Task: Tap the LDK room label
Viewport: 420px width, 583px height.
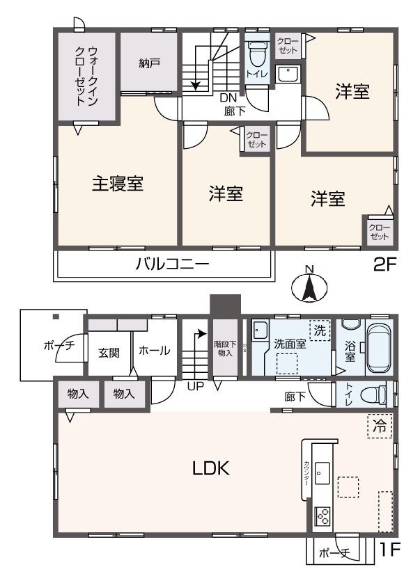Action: [211, 468]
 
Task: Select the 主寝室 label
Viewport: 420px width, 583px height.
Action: [118, 184]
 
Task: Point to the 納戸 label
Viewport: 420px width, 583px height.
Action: [149, 63]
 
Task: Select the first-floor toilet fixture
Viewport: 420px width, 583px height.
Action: [377, 394]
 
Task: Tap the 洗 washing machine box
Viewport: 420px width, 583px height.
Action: [320, 330]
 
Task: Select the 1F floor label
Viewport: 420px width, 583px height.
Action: [389, 551]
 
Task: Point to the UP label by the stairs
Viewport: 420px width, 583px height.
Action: [195, 385]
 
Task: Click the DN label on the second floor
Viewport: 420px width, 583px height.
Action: [228, 97]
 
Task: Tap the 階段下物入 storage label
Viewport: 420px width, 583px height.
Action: [224, 347]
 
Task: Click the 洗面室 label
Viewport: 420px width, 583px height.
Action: [288, 343]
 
